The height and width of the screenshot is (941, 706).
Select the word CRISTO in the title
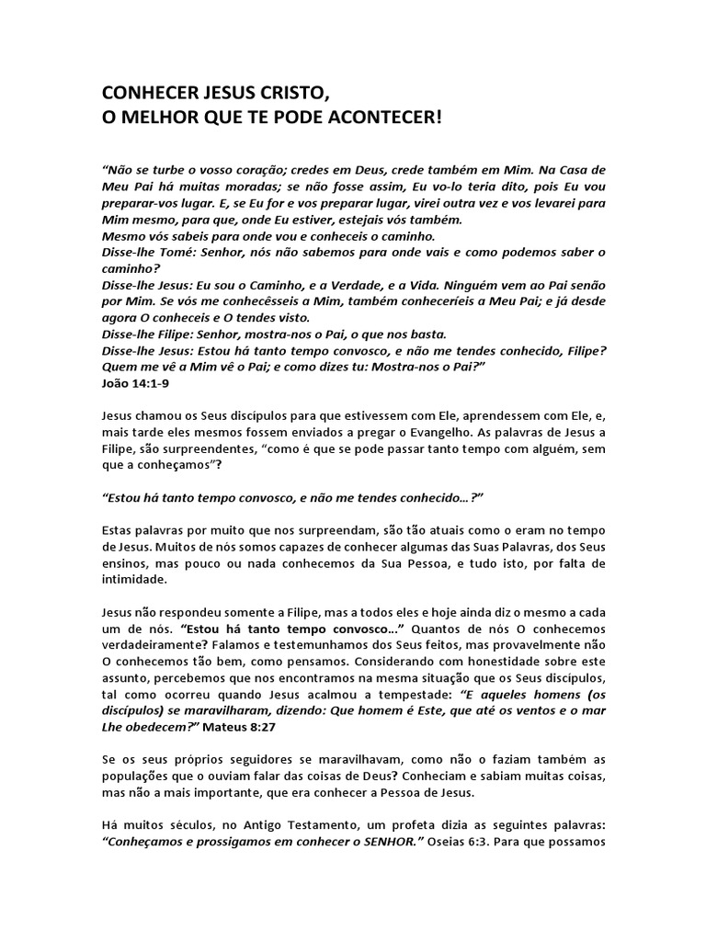point(289,93)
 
